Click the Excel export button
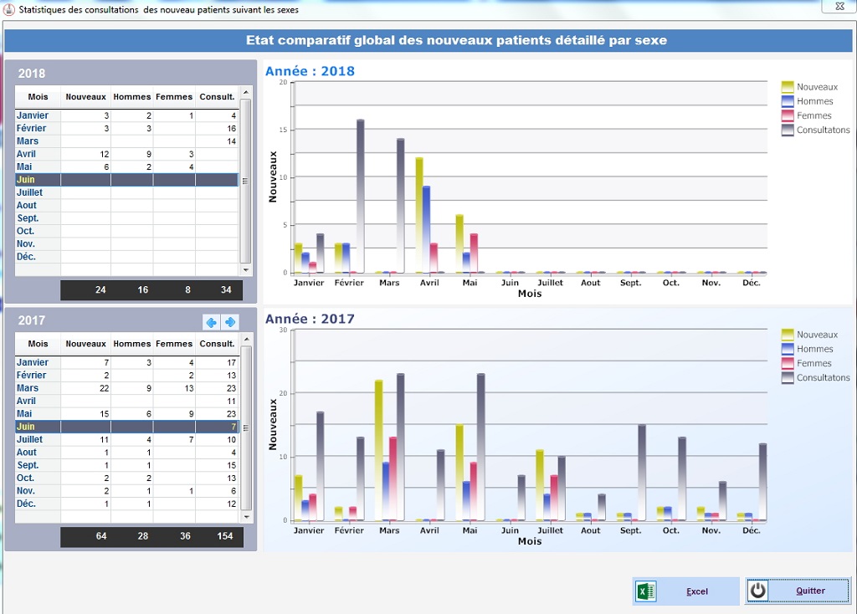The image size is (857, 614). [685, 591]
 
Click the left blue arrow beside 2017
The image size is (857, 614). [211, 322]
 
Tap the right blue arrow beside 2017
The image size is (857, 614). [230, 322]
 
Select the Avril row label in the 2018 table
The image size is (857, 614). [27, 154]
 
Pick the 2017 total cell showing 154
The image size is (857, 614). [224, 536]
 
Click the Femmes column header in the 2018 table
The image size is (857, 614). [174, 97]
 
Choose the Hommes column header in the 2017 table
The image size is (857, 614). [132, 344]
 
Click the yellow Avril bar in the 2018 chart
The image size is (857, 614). [419, 214]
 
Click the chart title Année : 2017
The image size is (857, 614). [310, 319]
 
